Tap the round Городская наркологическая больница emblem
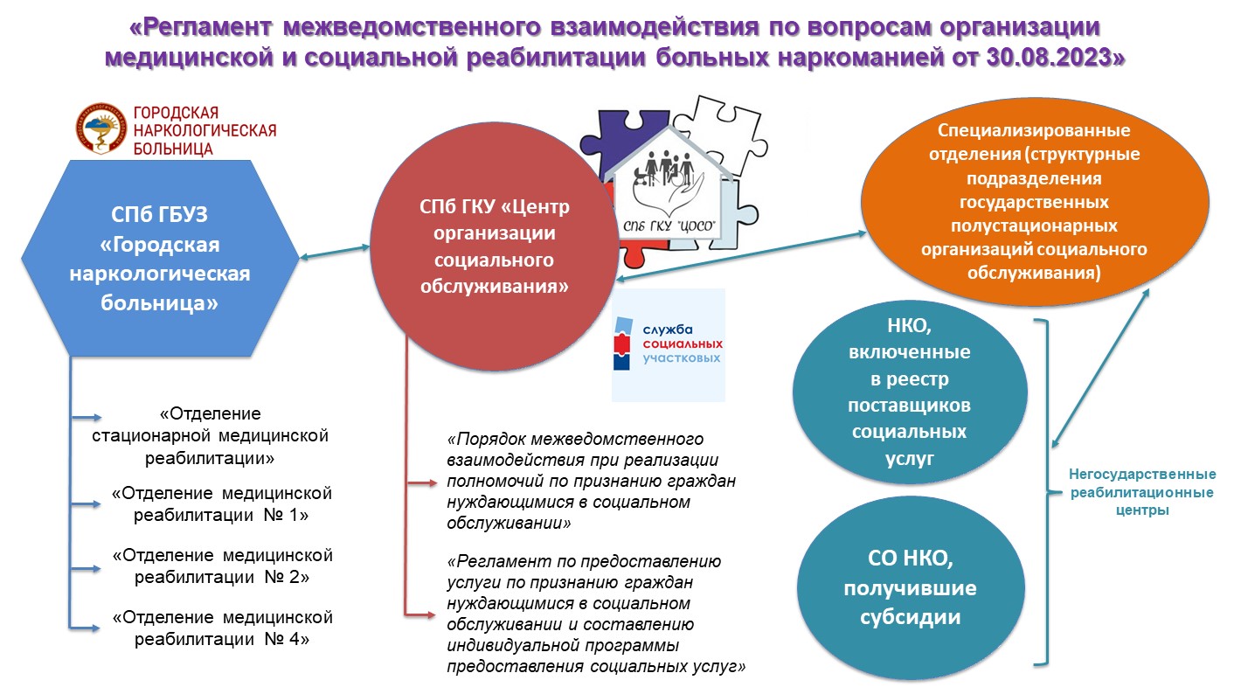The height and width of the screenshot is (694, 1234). point(101,128)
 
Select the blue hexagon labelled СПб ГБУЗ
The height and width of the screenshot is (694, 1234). point(160,258)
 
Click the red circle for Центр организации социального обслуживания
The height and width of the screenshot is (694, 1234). point(494,246)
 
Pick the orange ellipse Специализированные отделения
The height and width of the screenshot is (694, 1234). point(1035,202)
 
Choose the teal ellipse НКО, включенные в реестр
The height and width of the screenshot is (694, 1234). point(910,392)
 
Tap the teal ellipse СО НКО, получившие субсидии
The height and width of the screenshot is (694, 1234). point(911,587)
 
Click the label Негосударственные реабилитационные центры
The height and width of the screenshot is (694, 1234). point(1142,492)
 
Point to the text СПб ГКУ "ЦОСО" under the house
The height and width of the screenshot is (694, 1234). point(669,226)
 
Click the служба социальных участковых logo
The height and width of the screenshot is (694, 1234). point(669,344)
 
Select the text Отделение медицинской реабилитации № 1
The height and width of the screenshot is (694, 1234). point(221,504)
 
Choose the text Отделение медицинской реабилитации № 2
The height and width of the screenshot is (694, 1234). point(222,566)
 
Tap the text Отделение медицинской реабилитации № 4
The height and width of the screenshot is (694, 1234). point(222,628)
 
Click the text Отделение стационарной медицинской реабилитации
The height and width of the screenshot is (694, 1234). point(210,435)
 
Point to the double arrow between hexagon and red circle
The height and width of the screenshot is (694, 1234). point(335,252)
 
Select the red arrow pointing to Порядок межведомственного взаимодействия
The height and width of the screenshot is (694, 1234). point(422,483)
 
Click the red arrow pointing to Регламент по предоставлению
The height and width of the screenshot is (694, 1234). point(420,614)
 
